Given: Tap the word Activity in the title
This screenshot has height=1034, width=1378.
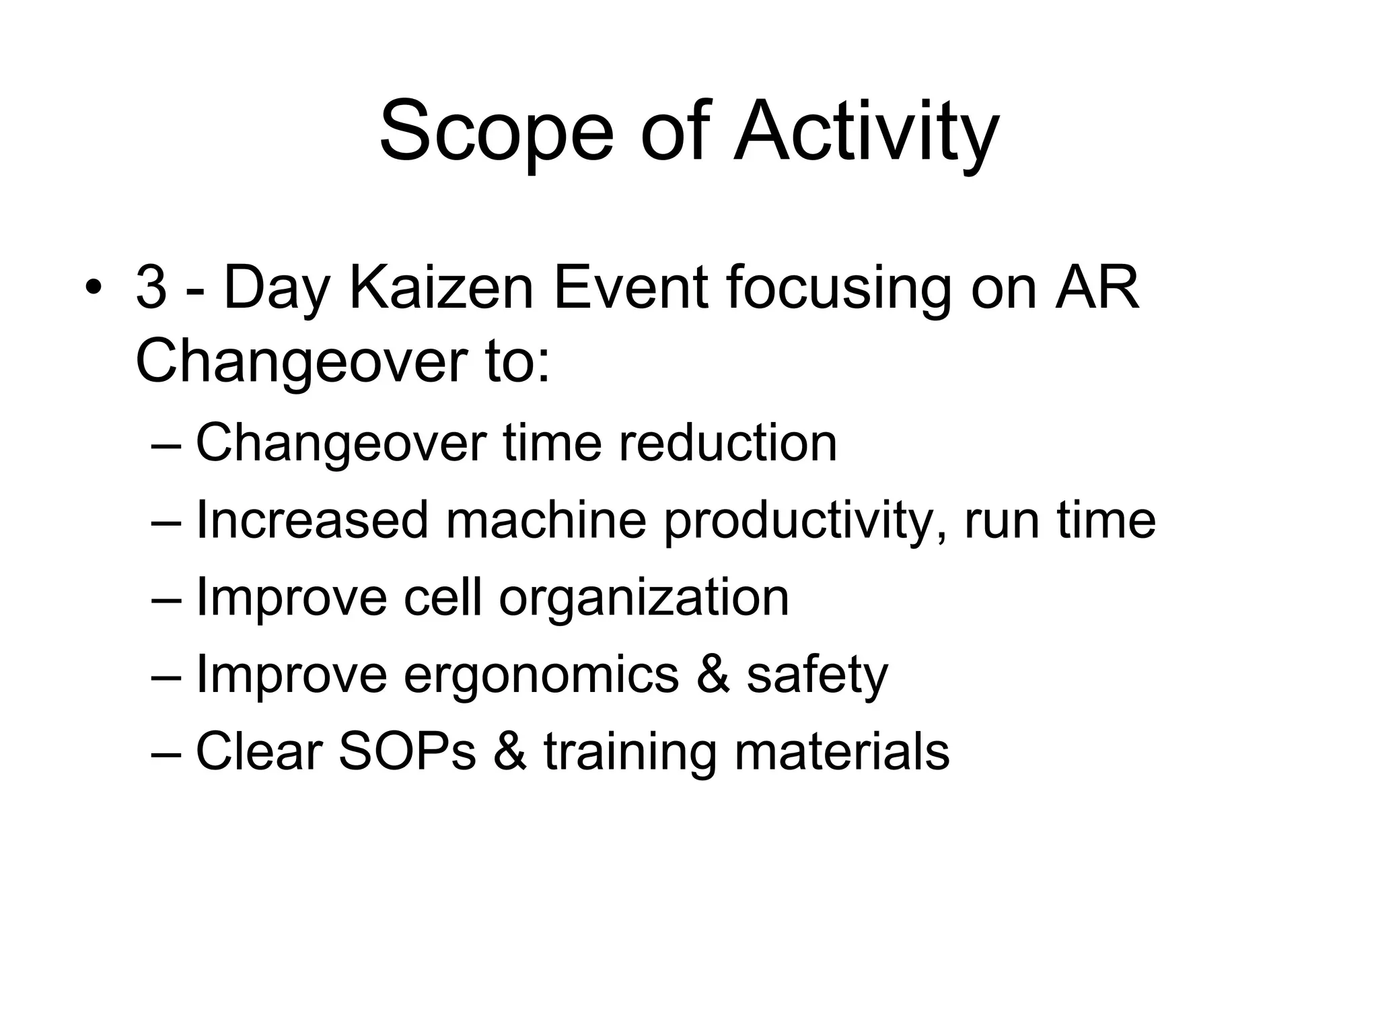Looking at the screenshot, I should (866, 132).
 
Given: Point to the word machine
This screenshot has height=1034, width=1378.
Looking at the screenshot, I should (546, 520).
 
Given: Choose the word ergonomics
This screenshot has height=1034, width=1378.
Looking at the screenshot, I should (541, 676).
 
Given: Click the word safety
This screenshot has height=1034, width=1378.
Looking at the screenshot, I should (817, 675).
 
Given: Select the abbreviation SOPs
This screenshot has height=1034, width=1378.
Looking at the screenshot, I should (407, 752).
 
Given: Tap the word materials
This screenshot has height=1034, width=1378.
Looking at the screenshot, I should (842, 752).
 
